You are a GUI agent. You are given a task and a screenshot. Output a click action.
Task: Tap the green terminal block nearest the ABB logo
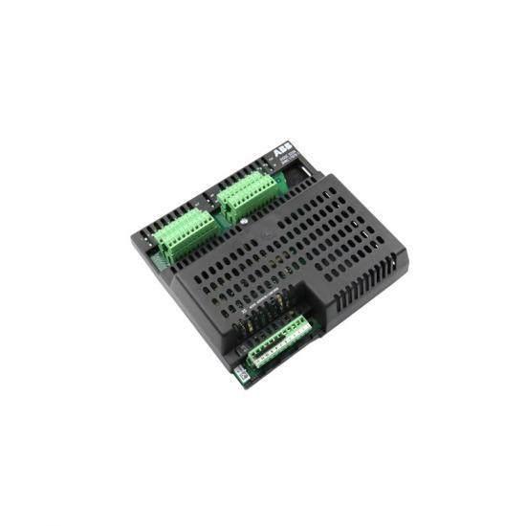click(x=246, y=194)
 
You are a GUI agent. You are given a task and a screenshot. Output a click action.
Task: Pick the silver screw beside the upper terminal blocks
click(x=243, y=227)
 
